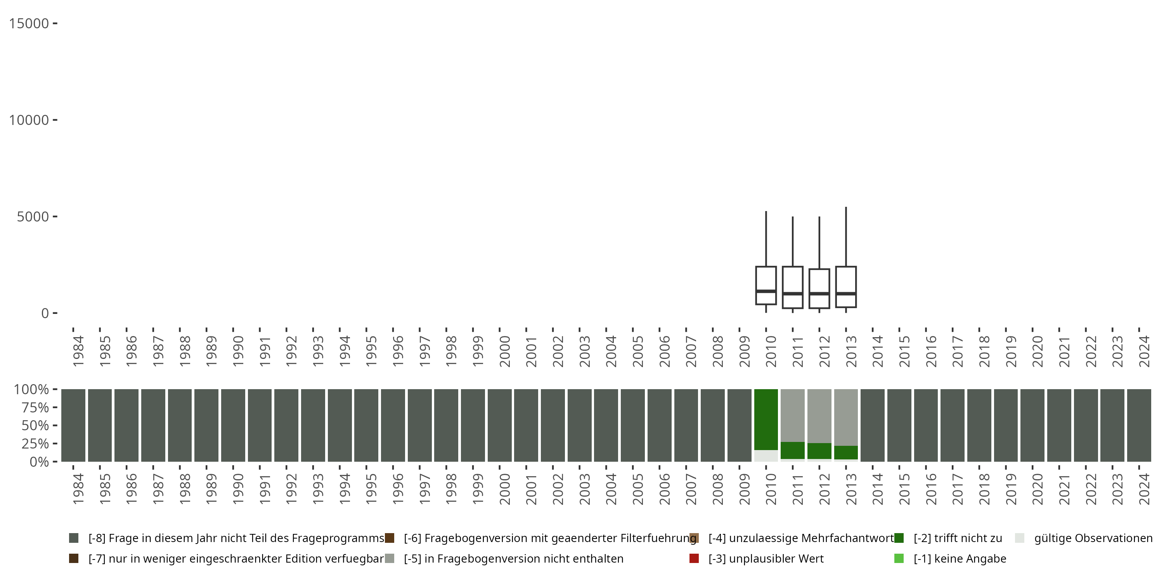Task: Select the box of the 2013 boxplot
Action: (x=846, y=280)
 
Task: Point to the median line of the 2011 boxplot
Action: (x=793, y=294)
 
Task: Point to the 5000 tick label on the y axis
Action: (x=33, y=217)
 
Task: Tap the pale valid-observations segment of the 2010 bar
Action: (x=766, y=456)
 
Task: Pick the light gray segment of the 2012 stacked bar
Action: (x=819, y=416)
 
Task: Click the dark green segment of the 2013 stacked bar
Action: (x=846, y=453)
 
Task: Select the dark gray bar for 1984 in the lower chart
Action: (x=73, y=425)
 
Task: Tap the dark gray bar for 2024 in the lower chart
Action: (x=1139, y=425)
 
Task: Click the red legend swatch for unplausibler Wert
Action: (x=694, y=558)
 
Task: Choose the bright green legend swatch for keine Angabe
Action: (x=899, y=558)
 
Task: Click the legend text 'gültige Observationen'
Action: (x=1093, y=538)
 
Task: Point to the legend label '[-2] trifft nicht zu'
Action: (x=958, y=538)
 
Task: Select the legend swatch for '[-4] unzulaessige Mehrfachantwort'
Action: (x=694, y=538)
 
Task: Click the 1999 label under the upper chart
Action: (x=478, y=351)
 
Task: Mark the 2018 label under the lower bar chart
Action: (x=984, y=489)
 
